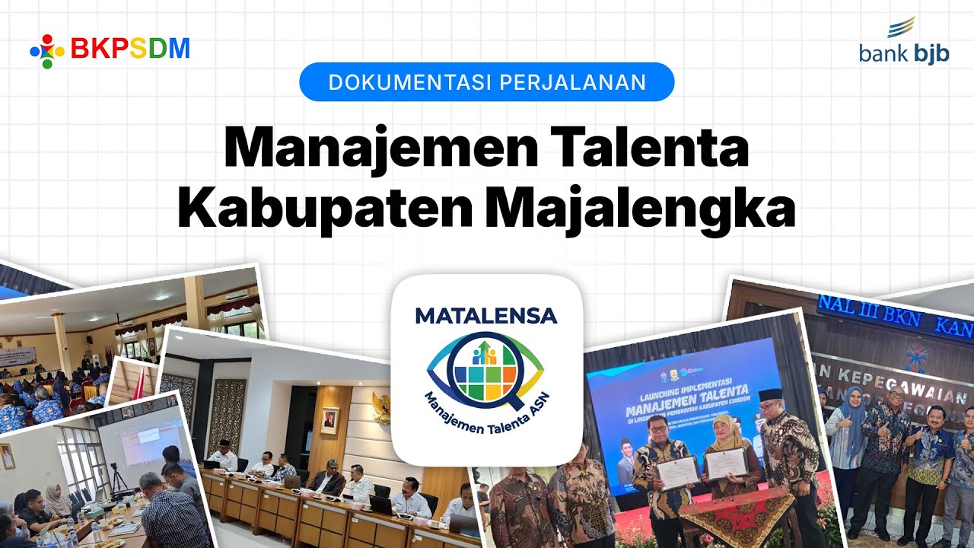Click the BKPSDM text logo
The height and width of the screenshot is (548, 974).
pos(130,49)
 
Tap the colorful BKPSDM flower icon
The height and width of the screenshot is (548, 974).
pos(46,50)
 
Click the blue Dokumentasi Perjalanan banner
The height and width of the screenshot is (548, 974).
pos(487,82)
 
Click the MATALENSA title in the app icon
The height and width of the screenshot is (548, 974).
pos(486,316)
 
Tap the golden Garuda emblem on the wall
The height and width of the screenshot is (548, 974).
pos(381,407)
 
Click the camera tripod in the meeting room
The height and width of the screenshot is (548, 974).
pos(119,476)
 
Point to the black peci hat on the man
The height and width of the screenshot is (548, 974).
pos(770,395)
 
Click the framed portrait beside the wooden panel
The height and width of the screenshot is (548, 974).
pos(329,420)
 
